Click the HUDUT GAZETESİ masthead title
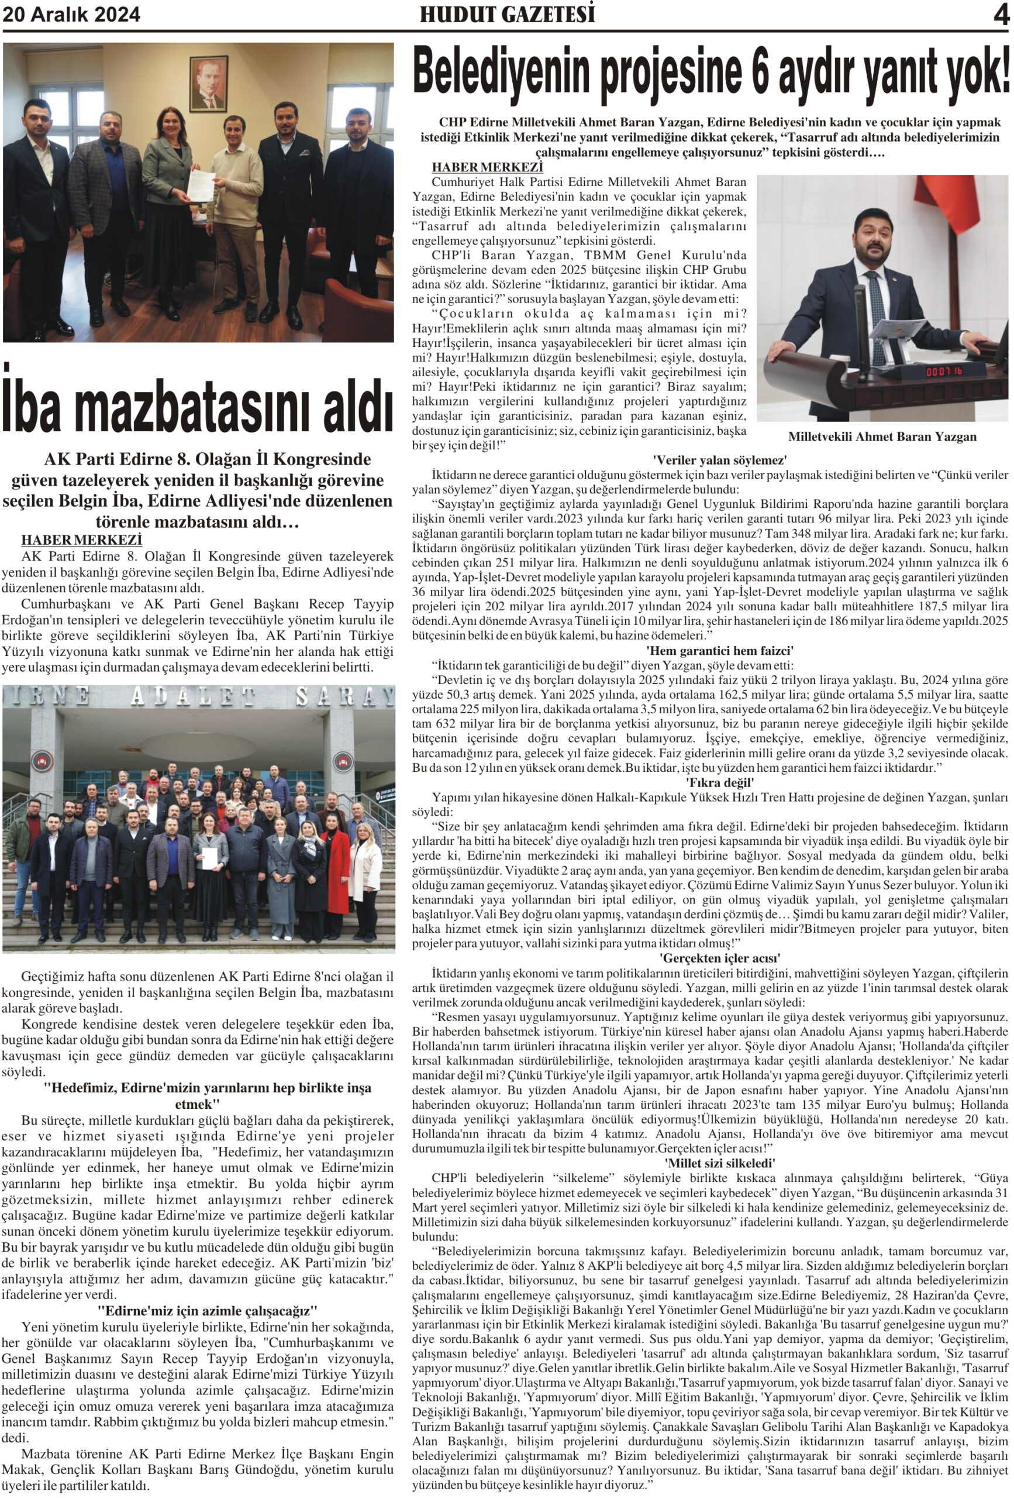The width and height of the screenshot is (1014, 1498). point(507,15)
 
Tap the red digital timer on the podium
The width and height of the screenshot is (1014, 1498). point(944,372)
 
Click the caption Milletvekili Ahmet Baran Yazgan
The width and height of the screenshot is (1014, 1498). point(882,437)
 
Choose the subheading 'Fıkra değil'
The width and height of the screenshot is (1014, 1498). point(720,782)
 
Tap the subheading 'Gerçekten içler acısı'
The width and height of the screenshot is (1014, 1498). point(720,958)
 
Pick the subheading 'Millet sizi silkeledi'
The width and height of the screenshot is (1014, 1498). point(720,1163)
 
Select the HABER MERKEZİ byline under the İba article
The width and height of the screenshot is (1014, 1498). point(82,540)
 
